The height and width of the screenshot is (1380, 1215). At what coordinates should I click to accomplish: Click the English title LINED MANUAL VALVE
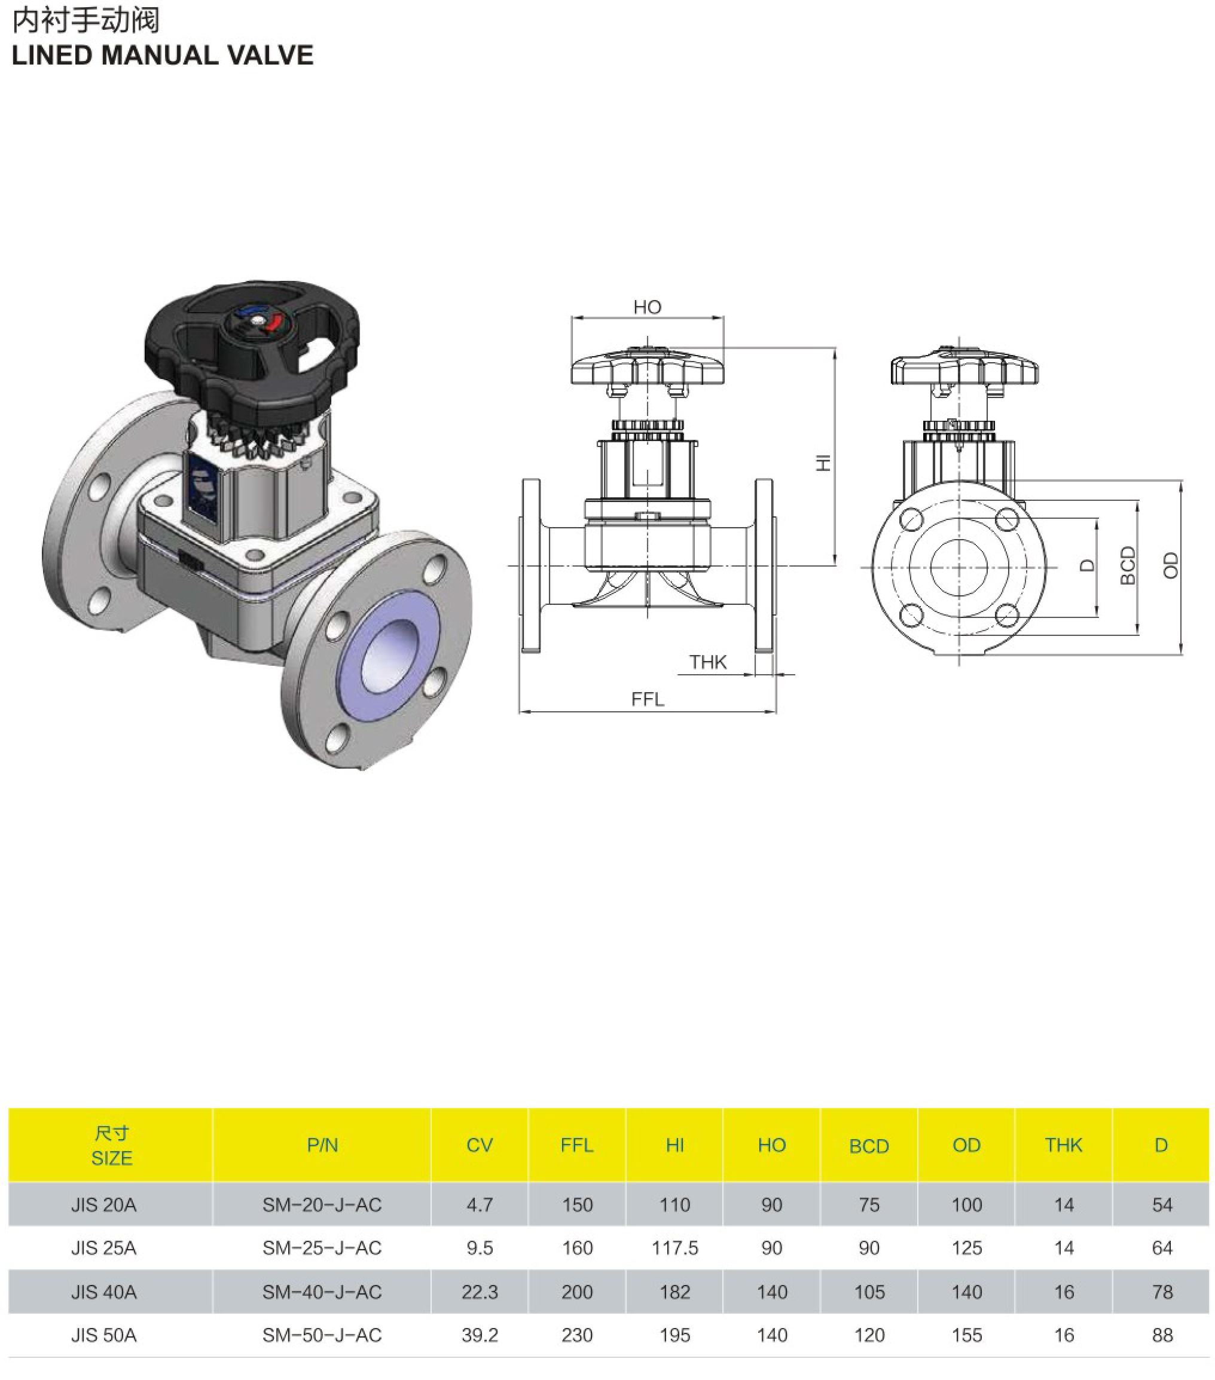click(x=163, y=56)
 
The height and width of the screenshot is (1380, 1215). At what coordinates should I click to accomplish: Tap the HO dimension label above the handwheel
click(x=647, y=307)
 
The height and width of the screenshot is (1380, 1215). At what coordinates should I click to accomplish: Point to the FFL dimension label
click(x=648, y=699)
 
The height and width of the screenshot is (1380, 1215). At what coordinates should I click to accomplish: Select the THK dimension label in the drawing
click(x=708, y=662)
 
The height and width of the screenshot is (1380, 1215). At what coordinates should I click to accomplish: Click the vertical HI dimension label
click(x=823, y=463)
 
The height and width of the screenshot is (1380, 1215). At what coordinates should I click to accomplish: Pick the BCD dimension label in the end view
click(x=1128, y=565)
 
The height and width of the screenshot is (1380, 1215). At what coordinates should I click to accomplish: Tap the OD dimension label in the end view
click(x=1170, y=566)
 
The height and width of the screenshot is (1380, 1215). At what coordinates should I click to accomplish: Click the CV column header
click(x=480, y=1145)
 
